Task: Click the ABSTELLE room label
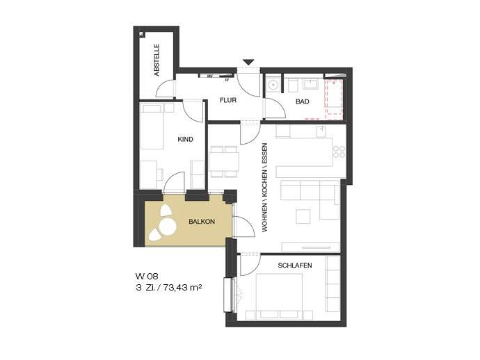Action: [x=157, y=60]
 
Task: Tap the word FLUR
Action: [x=227, y=101]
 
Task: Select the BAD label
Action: [x=302, y=102]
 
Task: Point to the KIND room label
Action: [x=185, y=140]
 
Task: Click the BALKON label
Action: [x=202, y=222]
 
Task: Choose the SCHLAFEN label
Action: [x=294, y=266]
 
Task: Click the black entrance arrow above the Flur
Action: [x=249, y=63]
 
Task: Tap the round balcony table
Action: [x=167, y=227]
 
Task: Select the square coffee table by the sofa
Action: [x=303, y=217]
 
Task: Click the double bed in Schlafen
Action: [x=278, y=294]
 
